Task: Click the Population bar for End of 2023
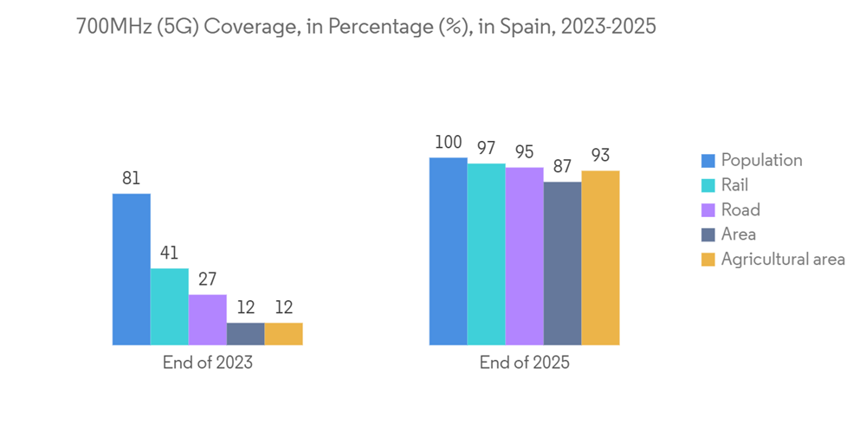click(132, 269)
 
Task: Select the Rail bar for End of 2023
click(170, 306)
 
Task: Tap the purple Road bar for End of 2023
click(208, 319)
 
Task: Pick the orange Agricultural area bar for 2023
click(284, 334)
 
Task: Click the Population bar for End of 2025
click(449, 251)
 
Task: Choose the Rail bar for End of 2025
click(487, 254)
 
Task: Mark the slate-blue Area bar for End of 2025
click(563, 263)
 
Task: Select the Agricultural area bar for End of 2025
click(601, 258)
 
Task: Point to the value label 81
click(132, 178)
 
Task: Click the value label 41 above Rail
click(170, 253)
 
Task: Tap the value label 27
click(208, 279)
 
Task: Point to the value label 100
click(449, 143)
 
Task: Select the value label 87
click(563, 167)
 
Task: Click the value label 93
click(601, 156)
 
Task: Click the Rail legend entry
click(734, 184)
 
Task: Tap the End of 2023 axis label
click(208, 362)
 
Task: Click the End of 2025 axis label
click(525, 362)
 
